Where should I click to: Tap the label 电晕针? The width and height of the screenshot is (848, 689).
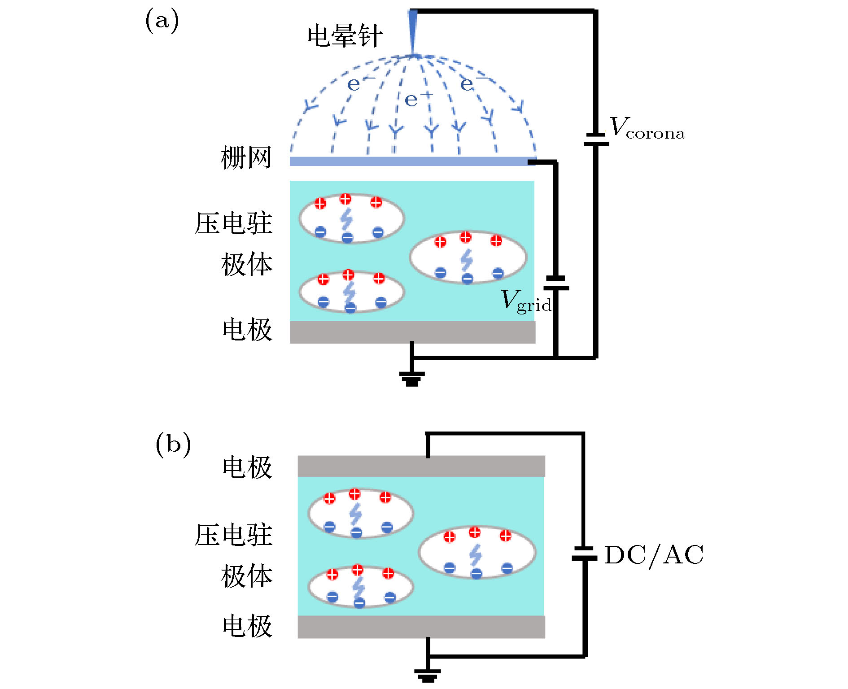click(x=345, y=36)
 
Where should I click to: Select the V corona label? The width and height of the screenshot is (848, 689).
click(x=647, y=128)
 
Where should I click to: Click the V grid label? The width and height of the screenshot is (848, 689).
click(x=525, y=301)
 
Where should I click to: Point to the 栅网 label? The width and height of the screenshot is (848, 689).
click(x=246, y=157)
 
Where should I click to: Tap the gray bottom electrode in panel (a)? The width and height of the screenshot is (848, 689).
click(x=412, y=332)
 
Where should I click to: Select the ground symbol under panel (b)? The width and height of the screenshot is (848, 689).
click(x=428, y=675)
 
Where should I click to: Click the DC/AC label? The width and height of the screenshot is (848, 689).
click(x=653, y=555)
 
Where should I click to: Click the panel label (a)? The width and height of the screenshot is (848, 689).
click(x=162, y=21)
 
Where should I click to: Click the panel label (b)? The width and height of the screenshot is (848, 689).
click(x=173, y=444)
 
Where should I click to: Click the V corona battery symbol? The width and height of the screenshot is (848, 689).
click(x=596, y=139)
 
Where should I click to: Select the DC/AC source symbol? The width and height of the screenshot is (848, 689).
click(x=584, y=554)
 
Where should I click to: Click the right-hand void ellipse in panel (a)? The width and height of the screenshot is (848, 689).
click(x=468, y=257)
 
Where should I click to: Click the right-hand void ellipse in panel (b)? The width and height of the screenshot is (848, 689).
click(x=477, y=552)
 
